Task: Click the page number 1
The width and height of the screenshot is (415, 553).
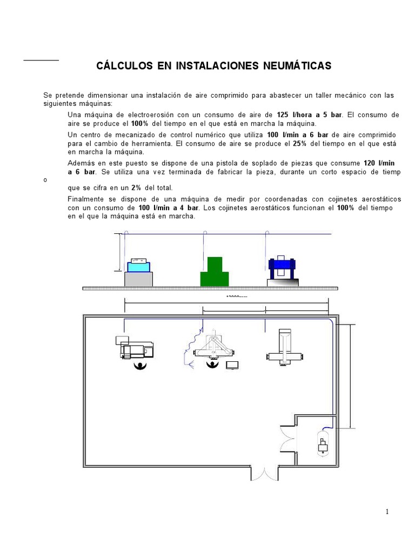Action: tap(387, 512)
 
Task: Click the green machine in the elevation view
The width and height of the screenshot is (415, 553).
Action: tap(214, 271)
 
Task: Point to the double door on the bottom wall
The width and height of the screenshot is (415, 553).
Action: tap(264, 474)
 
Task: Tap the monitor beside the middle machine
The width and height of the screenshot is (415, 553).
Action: tap(232, 365)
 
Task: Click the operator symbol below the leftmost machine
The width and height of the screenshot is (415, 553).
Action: tap(142, 366)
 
